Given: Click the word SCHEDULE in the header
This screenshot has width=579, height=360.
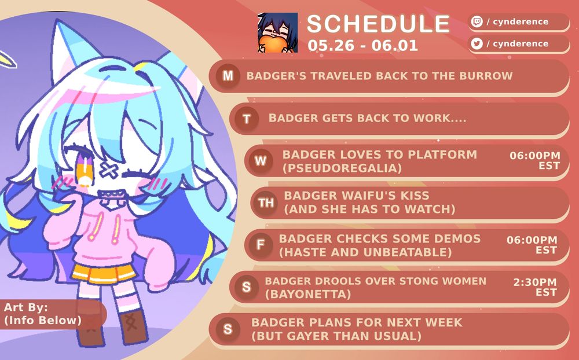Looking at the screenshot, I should pyautogui.click(x=378, y=24).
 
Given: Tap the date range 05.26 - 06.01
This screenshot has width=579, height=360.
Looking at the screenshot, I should pyautogui.click(x=363, y=46).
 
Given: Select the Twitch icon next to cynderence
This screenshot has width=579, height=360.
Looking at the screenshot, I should pyautogui.click(x=477, y=22).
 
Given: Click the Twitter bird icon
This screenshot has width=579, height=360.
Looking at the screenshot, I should pyautogui.click(x=477, y=43).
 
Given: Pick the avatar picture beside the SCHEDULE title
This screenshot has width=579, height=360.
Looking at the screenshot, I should pyautogui.click(x=278, y=32).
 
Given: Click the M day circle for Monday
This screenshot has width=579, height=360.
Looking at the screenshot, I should pyautogui.click(x=228, y=76).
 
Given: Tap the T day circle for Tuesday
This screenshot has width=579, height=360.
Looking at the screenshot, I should pyautogui.click(x=247, y=119).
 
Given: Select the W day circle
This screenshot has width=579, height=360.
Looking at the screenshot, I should pyautogui.click(x=261, y=161).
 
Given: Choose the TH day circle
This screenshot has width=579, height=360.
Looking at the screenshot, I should pyautogui.click(x=266, y=202).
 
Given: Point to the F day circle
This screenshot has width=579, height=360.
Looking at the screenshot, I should pyautogui.click(x=261, y=244).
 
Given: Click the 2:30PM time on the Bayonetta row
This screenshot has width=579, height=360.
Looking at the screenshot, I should pyautogui.click(x=535, y=282).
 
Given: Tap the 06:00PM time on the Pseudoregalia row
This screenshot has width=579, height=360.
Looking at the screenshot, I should pyautogui.click(x=535, y=155).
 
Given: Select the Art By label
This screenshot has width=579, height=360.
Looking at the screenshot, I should pyautogui.click(x=26, y=307).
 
